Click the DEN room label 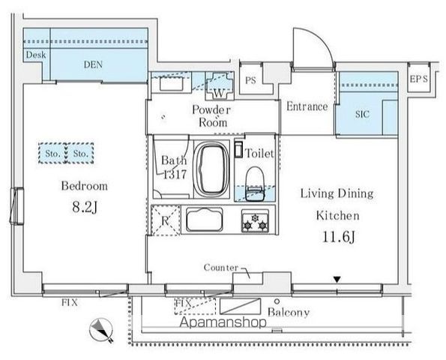pos(93,64)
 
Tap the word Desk pos(36,55)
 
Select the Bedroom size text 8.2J pos(85,207)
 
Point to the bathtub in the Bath pos(211,169)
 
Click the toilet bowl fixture pos(255,184)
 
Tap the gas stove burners pos(255,221)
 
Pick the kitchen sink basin pos(205,220)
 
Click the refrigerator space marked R pos(166,220)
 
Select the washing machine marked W pos(220,85)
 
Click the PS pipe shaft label pos(250,80)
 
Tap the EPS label pos(419,79)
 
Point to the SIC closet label pos(362,115)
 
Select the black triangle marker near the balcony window pos(337,280)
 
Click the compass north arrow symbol pos(101,331)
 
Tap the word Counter pos(221,268)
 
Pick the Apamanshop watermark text pos(223,322)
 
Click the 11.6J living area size pos(339,237)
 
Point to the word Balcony pos(289,312)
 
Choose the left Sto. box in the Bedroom pos(52,154)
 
